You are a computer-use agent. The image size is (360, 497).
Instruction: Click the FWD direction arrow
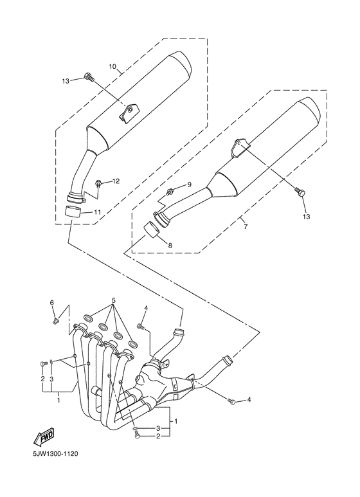coord(44,436)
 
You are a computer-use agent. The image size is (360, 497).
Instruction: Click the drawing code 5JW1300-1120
coord(55,454)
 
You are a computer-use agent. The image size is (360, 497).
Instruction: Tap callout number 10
coord(113,67)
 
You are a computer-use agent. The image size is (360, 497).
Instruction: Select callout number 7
coord(246,226)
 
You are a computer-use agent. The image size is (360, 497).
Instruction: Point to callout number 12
coord(116,181)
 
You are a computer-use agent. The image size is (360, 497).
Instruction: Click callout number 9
coord(189,185)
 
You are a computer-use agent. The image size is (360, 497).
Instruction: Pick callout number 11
coord(97,212)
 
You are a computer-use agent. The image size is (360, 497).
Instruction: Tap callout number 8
coord(170,245)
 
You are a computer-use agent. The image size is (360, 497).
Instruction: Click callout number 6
coord(52,303)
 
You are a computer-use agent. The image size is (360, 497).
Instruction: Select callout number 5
coord(113,300)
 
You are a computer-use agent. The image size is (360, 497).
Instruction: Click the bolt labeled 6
coord(55,321)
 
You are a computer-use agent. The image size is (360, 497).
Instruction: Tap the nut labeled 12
coord(98,183)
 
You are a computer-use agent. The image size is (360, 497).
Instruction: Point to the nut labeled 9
coord(170,191)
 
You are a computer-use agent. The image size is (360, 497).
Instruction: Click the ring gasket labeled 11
coord(73,211)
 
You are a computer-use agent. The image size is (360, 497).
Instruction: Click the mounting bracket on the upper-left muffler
coord(129,113)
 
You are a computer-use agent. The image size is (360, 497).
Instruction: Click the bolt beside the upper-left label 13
coord(89,77)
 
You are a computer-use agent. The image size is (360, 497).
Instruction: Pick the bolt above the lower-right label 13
coord(300,192)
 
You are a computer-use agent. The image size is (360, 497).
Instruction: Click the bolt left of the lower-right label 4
coord(231,402)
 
